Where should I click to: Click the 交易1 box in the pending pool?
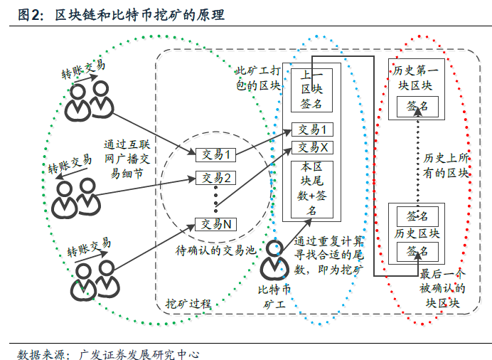[216, 154]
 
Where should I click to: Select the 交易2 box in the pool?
[216, 178]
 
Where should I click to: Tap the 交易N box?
[216, 224]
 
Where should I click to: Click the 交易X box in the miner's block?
[313, 147]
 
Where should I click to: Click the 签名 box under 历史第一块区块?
[417, 106]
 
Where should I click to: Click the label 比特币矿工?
[275, 296]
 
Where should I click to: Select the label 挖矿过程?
[188, 302]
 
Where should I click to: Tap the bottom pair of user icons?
[93, 277]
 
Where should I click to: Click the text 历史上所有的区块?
[446, 165]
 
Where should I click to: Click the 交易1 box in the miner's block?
[313, 130]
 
